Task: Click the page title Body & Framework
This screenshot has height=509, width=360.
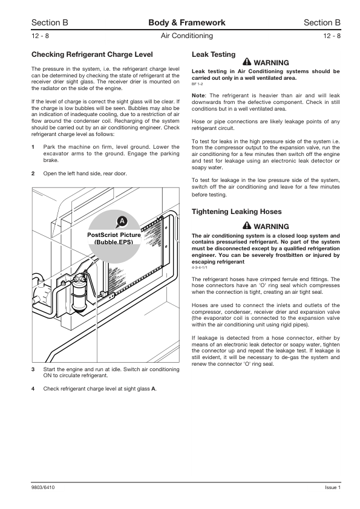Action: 187,22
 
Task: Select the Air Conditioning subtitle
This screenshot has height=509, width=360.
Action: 187,36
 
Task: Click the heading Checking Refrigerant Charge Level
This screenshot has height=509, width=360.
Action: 92,54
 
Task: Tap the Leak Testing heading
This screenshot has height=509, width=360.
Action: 214,54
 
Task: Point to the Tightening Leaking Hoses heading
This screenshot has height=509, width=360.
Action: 237,212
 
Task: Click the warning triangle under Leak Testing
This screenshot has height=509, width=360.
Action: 247,62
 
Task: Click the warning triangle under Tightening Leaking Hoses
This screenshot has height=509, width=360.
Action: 247,225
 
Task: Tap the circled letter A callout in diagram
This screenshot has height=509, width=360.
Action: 122,222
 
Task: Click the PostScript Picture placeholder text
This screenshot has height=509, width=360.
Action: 114,238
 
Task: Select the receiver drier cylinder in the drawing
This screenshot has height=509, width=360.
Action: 79,293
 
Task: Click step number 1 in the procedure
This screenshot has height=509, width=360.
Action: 33,147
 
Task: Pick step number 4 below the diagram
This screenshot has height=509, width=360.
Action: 33,389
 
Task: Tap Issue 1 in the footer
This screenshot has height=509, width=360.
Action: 333,487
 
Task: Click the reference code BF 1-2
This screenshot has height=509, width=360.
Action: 197,84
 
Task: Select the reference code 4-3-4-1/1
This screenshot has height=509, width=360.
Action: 200,267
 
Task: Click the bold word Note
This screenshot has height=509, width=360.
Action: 198,96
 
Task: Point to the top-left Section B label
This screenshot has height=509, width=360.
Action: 50,22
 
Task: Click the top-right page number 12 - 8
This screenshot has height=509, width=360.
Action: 332,36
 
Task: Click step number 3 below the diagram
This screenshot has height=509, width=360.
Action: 33,369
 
